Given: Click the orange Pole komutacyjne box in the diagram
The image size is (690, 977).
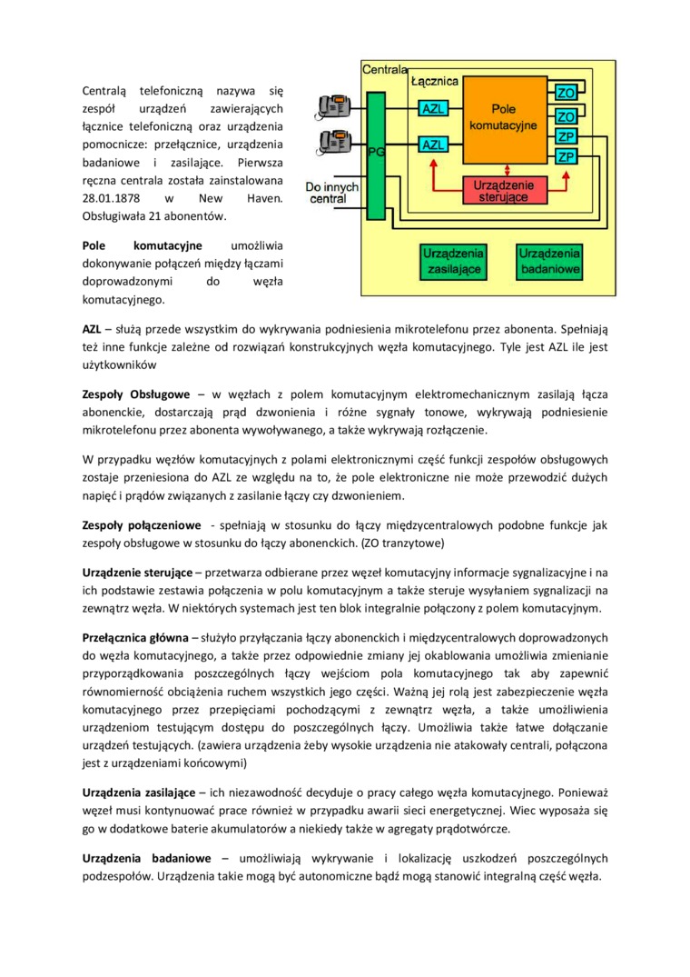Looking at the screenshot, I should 502,116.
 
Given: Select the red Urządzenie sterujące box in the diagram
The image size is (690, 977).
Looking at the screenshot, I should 504,189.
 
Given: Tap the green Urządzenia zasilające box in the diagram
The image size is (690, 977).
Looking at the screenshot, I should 453,261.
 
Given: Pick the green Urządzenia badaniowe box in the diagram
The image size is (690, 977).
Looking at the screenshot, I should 549,261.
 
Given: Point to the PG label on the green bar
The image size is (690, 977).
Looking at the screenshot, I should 376,153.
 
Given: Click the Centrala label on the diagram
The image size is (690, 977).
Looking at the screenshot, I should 384,69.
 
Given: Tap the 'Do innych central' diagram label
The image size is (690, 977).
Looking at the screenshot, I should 331,191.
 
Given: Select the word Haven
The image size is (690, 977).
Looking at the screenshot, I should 263,197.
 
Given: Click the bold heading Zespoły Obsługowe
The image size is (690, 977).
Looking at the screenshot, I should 135,394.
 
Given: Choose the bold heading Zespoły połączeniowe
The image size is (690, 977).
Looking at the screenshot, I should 141,526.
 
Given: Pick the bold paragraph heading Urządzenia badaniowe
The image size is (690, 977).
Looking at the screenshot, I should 145,858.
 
